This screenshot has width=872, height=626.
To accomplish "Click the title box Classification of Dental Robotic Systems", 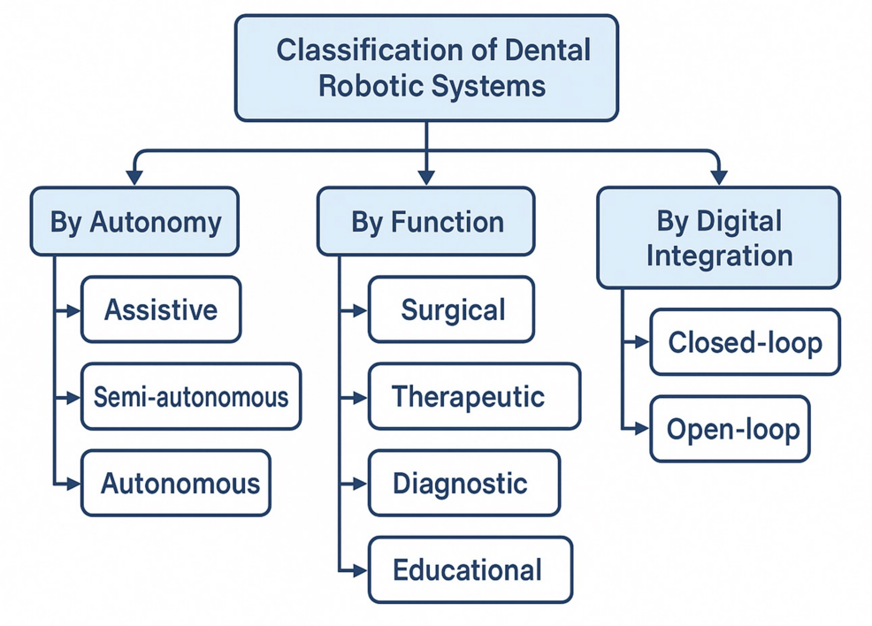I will pyautogui.click(x=426, y=67).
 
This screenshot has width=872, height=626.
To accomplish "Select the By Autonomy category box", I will pyautogui.click(x=134, y=221).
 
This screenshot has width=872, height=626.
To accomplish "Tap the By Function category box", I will pyautogui.click(x=426, y=221).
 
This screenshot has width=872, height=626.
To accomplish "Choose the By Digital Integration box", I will pyautogui.click(x=718, y=237).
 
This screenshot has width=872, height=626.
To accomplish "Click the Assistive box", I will pyautogui.click(x=161, y=309).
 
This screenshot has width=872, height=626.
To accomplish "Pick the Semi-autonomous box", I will pyautogui.click(x=191, y=396).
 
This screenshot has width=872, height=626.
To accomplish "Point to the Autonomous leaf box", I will pyautogui.click(x=176, y=483).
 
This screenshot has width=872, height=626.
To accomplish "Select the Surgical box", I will pyautogui.click(x=451, y=309).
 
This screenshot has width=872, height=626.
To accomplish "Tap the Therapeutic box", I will pyautogui.click(x=474, y=396).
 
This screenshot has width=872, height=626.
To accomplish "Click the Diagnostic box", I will pyautogui.click(x=464, y=483).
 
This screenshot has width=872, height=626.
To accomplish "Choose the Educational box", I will pyautogui.click(x=470, y=569).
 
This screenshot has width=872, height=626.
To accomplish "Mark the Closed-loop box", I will pyautogui.click(x=745, y=341).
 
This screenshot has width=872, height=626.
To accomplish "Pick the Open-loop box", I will pyautogui.click(x=730, y=429).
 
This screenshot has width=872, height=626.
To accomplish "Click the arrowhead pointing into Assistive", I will pyautogui.click(x=74, y=310).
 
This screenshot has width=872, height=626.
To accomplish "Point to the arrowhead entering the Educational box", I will pyautogui.click(x=361, y=570).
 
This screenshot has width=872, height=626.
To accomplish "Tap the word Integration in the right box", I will pyautogui.click(x=718, y=256).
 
